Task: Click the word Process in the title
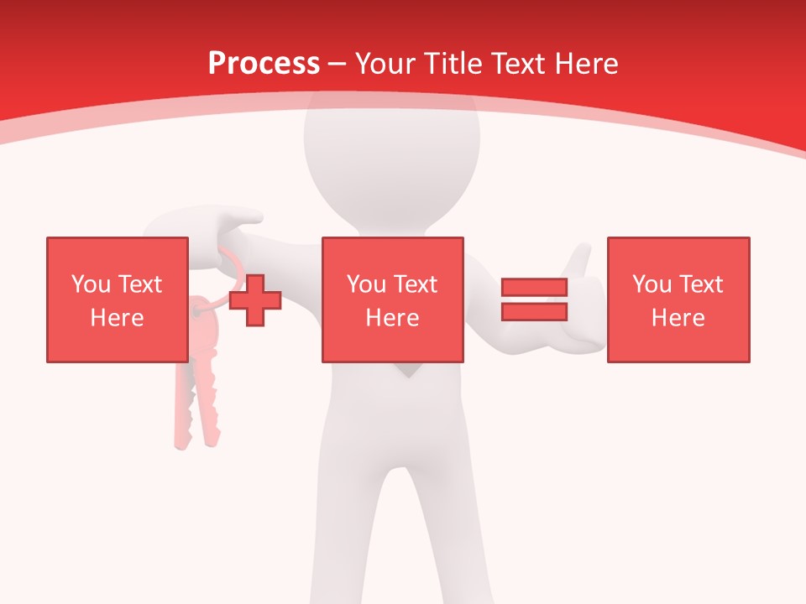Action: [x=264, y=64]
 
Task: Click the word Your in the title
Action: [x=386, y=64]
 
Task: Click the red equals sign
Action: [x=534, y=299]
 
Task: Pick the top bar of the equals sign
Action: [x=534, y=288]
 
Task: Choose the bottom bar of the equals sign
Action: [x=534, y=311]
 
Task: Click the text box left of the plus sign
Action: [x=117, y=299]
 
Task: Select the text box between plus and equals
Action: [x=392, y=299]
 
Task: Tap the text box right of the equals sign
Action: [x=678, y=299]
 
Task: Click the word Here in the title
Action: [x=585, y=64]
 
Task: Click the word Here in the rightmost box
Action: [x=678, y=318]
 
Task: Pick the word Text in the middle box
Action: [x=416, y=284]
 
